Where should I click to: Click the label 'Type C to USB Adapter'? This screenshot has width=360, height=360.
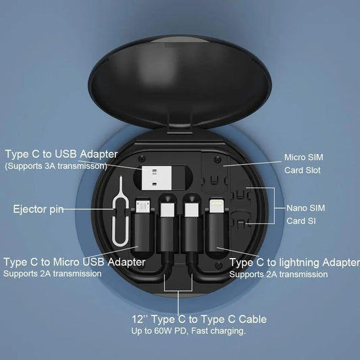point(61,153)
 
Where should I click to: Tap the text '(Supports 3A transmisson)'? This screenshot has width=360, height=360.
point(55,165)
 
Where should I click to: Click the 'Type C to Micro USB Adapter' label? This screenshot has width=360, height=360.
point(74,261)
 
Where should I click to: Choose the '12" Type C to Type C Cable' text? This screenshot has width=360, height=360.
point(199,319)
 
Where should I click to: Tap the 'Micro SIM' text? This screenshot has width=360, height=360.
point(302,157)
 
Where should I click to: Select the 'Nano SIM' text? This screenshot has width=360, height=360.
point(305,207)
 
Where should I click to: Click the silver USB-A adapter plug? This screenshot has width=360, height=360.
point(159,178)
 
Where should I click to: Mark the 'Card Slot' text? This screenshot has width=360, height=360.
point(302,170)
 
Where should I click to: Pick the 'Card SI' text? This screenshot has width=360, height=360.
point(302,220)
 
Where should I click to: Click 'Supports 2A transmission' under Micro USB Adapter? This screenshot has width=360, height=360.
point(53,274)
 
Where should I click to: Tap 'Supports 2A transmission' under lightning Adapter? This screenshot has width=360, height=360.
point(278,274)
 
